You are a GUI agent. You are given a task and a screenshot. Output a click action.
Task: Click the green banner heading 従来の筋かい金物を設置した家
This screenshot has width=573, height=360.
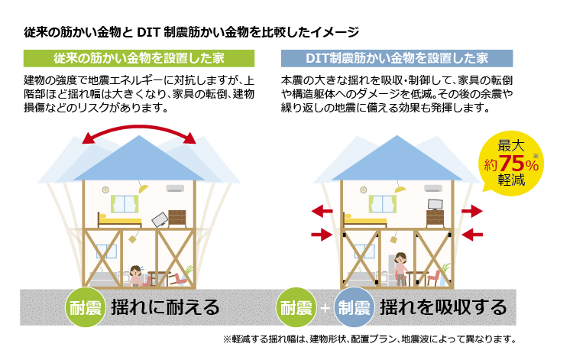(x=139, y=58)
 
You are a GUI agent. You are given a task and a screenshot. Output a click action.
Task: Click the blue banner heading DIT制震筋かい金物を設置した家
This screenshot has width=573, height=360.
(x=397, y=58)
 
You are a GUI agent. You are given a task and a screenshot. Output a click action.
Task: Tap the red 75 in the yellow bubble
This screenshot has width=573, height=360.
(x=512, y=164)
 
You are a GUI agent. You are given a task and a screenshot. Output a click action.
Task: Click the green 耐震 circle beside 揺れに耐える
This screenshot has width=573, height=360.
(x=86, y=307)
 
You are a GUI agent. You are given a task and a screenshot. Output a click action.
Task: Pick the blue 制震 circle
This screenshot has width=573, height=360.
(x=354, y=307)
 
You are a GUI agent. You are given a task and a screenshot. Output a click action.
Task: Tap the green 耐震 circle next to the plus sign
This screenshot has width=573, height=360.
(x=296, y=307)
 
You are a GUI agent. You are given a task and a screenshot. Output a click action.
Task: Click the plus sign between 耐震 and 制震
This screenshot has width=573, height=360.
(x=325, y=308)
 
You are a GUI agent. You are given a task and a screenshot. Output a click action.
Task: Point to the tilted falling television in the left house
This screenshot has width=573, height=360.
(x=160, y=219)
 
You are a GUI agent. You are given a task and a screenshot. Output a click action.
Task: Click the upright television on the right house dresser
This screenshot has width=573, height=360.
(x=435, y=205)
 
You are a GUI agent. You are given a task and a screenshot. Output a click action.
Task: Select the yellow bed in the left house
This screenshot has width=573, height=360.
(x=119, y=219)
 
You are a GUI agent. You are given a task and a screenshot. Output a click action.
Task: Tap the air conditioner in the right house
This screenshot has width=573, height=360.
(x=433, y=189)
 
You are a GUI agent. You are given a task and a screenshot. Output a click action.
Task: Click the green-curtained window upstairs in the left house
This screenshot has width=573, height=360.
(x=125, y=204)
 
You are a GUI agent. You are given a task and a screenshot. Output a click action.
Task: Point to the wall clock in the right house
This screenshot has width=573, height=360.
(x=363, y=190)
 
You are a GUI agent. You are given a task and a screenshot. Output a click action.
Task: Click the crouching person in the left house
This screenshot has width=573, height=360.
(x=135, y=276)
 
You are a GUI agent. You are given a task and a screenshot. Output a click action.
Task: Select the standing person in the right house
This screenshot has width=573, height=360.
(x=401, y=268)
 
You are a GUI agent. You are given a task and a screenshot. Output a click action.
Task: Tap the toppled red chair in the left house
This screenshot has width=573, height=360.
(x=178, y=279)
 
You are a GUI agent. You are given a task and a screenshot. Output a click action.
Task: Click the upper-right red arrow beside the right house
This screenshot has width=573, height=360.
(x=472, y=211)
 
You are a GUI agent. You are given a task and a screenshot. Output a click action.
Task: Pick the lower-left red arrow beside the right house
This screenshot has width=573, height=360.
(x=322, y=235)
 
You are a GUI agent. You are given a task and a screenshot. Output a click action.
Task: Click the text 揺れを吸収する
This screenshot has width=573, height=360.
(x=443, y=307)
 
